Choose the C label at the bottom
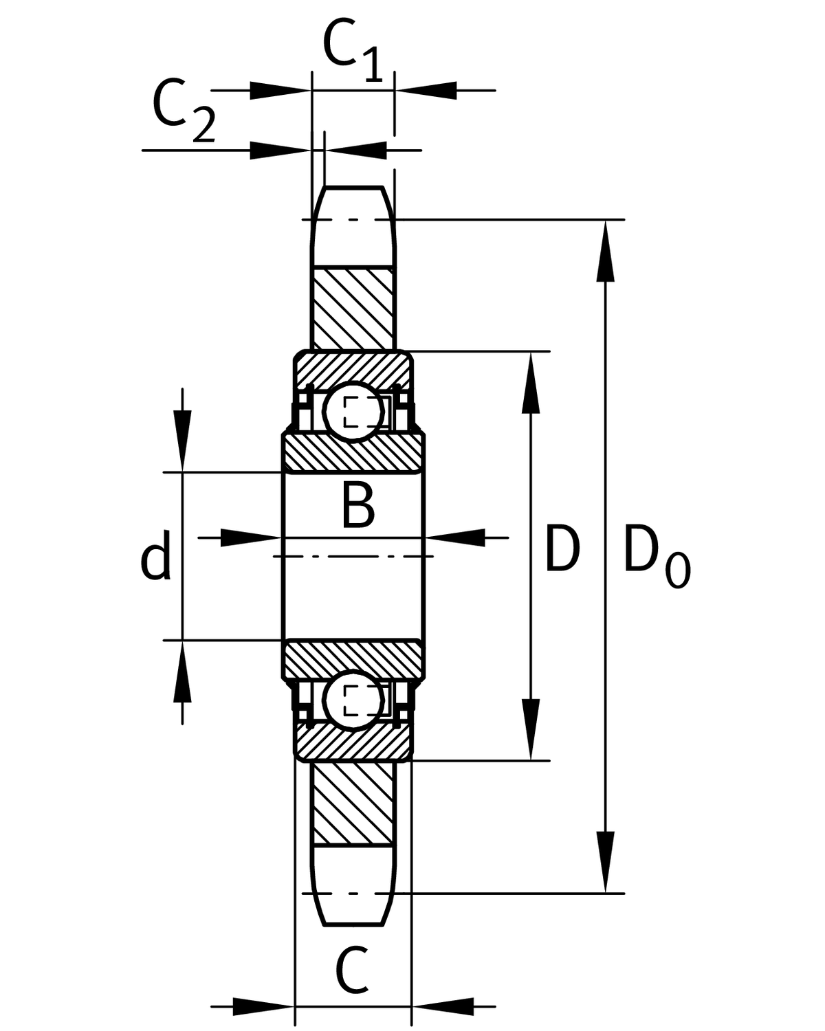click(x=352, y=970)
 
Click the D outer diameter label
click(x=562, y=548)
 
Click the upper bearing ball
click(x=355, y=411)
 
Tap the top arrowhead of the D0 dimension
click(x=605, y=251)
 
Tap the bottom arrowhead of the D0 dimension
click(x=605, y=863)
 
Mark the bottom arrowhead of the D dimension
click(x=530, y=729)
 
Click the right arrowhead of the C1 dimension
click(x=426, y=90)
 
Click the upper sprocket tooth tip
click(x=354, y=189)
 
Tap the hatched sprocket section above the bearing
click(x=354, y=309)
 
